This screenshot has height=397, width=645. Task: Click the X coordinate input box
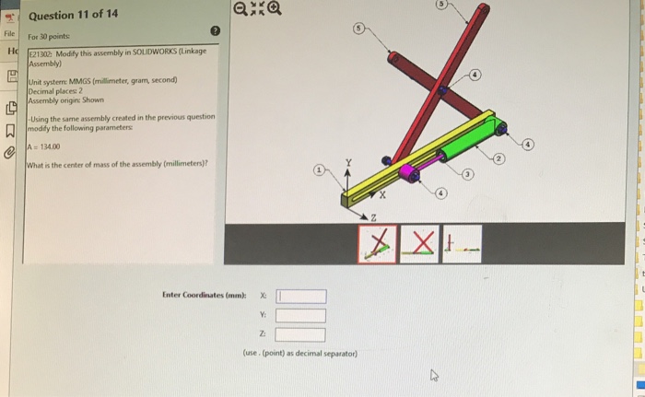(x=302, y=296)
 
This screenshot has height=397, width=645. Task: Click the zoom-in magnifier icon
(x=242, y=11)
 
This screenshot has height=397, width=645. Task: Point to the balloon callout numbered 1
(x=319, y=171)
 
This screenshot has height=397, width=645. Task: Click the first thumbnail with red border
(x=377, y=241)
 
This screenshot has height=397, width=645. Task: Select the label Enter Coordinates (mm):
(x=202, y=296)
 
